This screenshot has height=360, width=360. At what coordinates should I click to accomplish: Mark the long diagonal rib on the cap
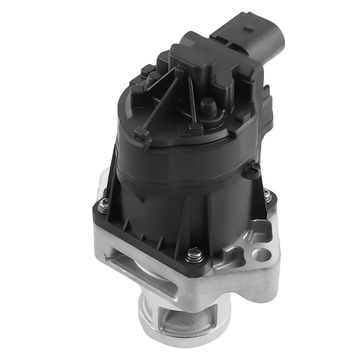tap(162, 101)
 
